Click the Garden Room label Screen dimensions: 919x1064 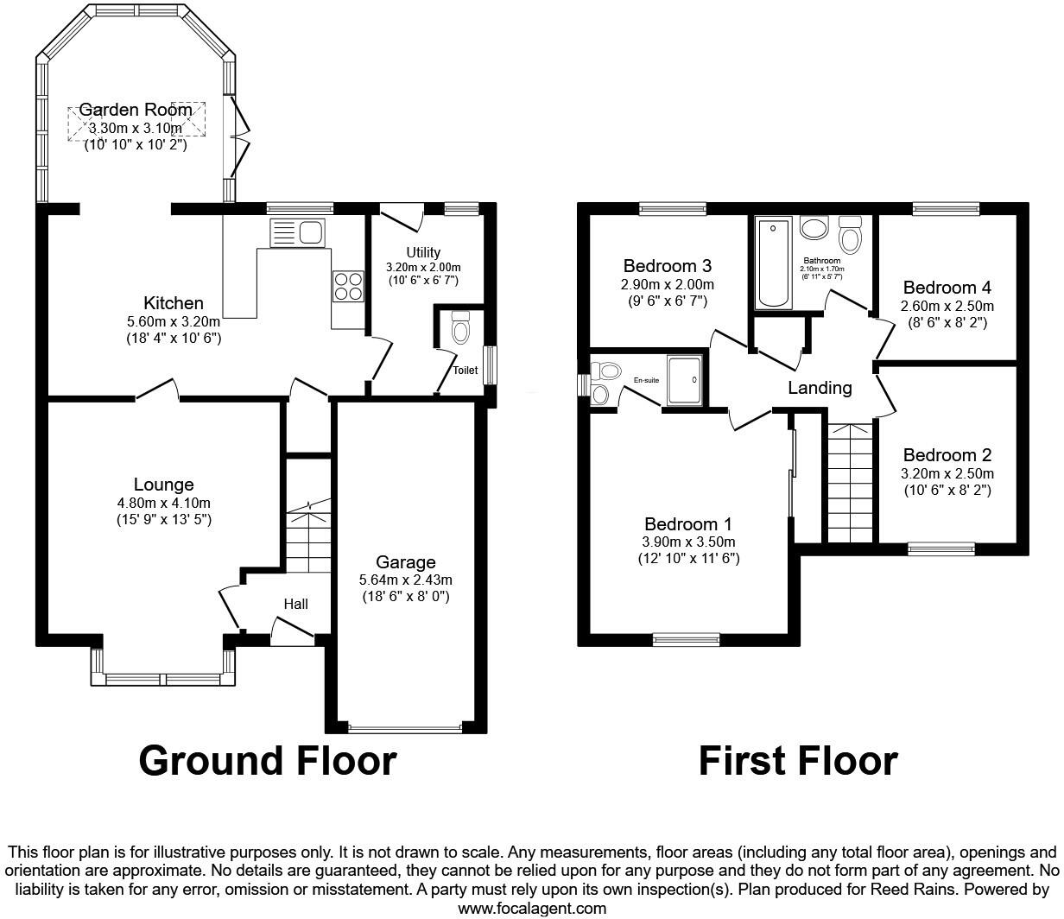point(136,110)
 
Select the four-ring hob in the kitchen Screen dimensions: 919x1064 point(348,286)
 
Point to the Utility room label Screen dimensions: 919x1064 point(423,252)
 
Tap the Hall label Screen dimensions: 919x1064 point(295,604)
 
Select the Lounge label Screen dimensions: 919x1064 point(163,485)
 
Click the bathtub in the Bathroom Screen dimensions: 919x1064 point(774,263)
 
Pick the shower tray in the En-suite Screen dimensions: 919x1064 point(687,380)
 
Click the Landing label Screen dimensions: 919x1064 point(820,388)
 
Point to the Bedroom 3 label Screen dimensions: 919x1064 point(667,265)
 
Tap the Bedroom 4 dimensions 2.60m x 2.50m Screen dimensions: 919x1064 point(947,307)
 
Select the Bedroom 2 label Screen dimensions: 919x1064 point(947,455)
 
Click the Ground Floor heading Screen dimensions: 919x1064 point(268,761)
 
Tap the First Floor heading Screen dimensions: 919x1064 point(797,761)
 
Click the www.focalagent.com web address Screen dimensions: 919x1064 point(531,908)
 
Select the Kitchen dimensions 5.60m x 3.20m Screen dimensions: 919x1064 point(174,321)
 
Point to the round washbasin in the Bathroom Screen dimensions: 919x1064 point(814,229)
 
